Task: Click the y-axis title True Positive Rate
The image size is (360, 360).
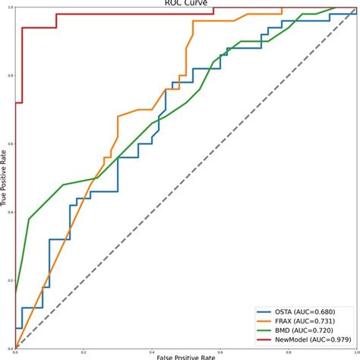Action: coord(5,178)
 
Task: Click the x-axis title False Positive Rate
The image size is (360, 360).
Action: coord(179,356)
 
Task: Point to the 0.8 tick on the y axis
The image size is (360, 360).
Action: coord(11,76)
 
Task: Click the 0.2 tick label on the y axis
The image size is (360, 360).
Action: coord(11,281)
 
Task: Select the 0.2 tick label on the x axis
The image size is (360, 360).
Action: coord(84,352)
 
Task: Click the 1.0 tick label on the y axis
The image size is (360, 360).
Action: coord(11,8)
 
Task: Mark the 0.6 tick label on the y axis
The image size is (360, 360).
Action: coord(11,144)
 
